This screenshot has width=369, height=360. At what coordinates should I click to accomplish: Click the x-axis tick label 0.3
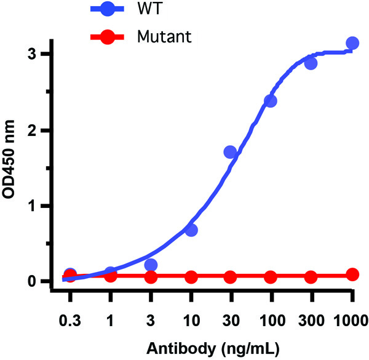coord(70,320)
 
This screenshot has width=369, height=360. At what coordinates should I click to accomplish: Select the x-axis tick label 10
coord(191,320)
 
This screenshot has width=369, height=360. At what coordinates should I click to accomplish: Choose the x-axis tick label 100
coord(271,320)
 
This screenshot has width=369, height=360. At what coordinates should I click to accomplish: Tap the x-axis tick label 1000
coord(352,320)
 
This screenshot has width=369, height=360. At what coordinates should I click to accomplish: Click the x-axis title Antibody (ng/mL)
coord(212,348)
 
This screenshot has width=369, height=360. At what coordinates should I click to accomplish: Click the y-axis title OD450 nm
coord(14,167)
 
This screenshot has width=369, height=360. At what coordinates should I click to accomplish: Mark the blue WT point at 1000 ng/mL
coord(352,43)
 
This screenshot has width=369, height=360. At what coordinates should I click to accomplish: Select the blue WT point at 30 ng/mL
coord(231,152)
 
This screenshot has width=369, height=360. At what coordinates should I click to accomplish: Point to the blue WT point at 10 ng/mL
coord(191,230)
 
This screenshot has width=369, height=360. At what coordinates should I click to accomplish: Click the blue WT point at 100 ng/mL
coord(271,100)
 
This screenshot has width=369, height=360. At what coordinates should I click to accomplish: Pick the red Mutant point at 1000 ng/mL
coord(352,274)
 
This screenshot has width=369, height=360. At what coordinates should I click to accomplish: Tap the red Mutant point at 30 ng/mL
coord(231,278)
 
